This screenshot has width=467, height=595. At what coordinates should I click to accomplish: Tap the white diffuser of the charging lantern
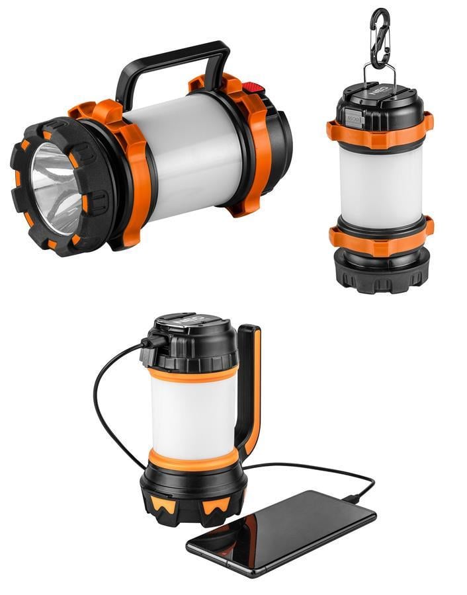click(x=192, y=413)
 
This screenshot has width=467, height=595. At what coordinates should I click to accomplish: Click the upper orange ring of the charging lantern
click(x=192, y=374)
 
